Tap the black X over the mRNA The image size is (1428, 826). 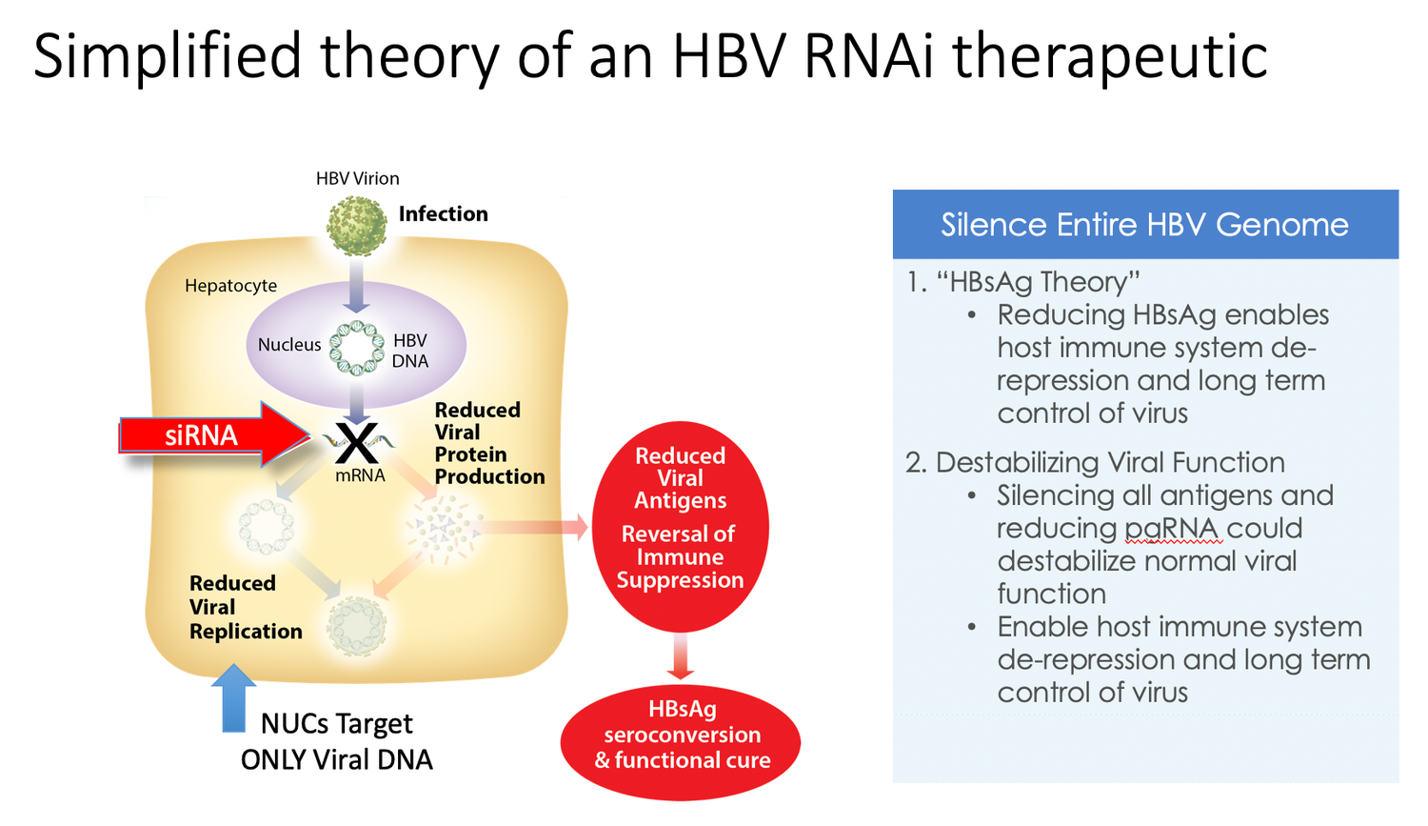tap(357, 442)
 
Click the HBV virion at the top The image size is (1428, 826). tap(356, 226)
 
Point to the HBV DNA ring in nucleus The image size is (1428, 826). tap(356, 348)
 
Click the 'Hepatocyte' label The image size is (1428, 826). tap(230, 286)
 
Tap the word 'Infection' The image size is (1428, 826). tap(443, 214)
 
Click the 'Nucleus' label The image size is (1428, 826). tap(288, 345)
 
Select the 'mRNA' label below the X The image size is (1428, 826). tap(360, 475)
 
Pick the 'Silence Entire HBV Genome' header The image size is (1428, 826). tap(1144, 225)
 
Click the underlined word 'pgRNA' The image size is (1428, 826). tap(1171, 529)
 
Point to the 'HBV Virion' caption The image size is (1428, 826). tap(357, 178)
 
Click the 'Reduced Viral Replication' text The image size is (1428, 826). tap(245, 607)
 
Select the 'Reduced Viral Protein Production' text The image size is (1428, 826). tap(488, 443)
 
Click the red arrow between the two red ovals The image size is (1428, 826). tap(680, 656)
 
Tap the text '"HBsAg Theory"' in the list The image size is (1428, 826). tap(1038, 282)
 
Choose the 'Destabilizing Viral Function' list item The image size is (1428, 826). tap(1109, 463)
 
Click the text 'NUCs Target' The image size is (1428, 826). tap(336, 724)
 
